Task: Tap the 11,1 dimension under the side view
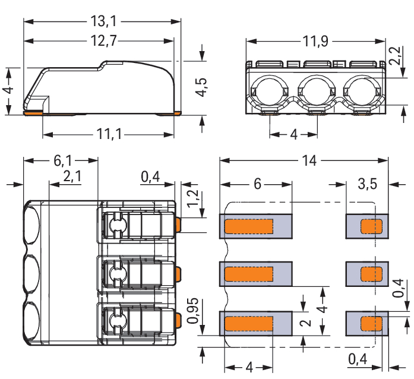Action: [x=110, y=134]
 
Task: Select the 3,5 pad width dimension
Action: [x=367, y=184]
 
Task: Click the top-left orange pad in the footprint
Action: [x=248, y=226]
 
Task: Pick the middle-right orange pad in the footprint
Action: [x=372, y=274]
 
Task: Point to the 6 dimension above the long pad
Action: [x=257, y=184]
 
